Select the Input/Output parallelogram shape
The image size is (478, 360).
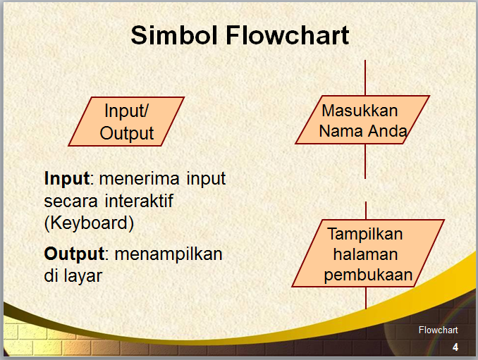[x=127, y=121]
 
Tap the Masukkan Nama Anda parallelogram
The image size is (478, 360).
[x=362, y=120]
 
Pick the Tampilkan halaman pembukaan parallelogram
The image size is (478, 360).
[x=368, y=254]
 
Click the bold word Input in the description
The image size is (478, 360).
[x=66, y=178]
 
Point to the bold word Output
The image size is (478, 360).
[x=74, y=253]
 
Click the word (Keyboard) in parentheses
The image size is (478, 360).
[x=88, y=223]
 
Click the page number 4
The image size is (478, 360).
[x=455, y=347]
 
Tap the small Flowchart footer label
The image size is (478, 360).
[x=438, y=330]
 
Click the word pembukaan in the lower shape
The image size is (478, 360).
[x=368, y=275]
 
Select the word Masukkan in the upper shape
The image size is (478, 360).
[x=360, y=111]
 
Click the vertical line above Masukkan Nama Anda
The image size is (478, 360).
[x=365, y=77]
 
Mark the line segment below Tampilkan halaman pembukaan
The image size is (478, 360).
[x=366, y=297]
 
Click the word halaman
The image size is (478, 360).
[x=366, y=254]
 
